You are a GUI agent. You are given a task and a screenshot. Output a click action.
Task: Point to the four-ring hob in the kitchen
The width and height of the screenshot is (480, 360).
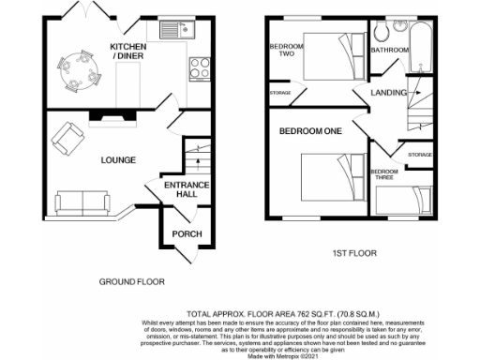(200, 67)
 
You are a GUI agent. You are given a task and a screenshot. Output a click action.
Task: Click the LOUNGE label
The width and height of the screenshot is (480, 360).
(119, 160)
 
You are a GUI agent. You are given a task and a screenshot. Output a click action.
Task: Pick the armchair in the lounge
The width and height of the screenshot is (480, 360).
(67, 139)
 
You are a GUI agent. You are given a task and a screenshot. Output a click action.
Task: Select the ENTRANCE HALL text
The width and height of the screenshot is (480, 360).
(187, 190)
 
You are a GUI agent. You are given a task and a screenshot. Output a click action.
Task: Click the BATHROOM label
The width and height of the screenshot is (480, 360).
(389, 50)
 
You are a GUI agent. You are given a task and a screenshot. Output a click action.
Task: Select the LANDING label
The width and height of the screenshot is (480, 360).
(387, 92)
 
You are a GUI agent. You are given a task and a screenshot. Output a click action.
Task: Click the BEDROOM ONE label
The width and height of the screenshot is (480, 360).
(309, 132)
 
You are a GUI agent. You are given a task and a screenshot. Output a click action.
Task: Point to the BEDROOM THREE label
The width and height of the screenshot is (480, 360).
(383, 175)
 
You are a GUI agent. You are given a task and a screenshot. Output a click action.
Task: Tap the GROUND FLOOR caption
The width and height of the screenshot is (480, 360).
(132, 281)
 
